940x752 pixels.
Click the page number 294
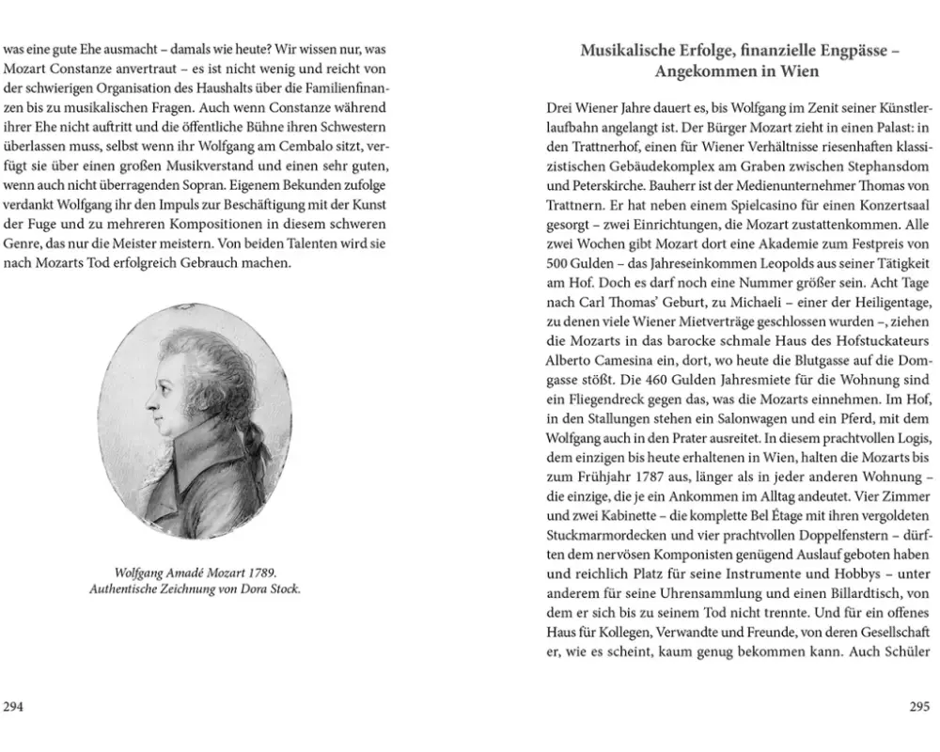coord(13,708)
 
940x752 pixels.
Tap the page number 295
coord(919,708)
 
